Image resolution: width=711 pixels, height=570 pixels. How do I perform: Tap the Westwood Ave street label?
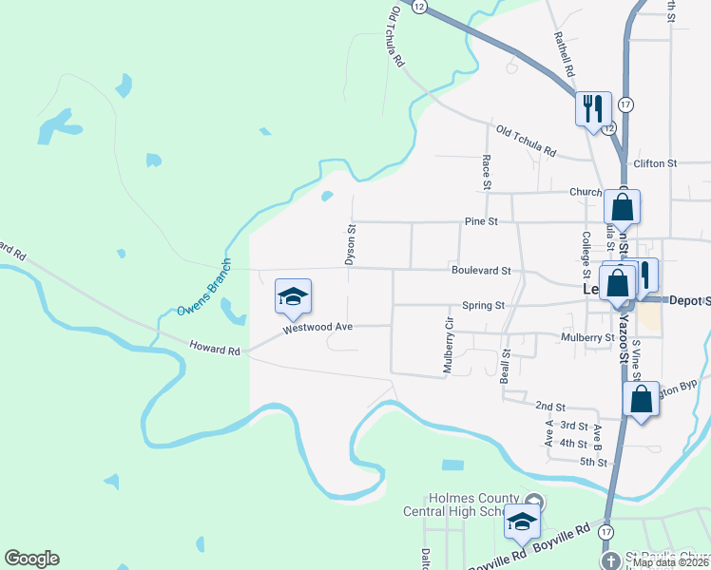pos(317,328)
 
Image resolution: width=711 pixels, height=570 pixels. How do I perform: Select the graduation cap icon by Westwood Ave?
pos(293,297)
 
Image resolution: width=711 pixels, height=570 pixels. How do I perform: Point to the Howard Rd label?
pos(215,350)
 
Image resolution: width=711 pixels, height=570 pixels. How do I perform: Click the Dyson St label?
pos(350,244)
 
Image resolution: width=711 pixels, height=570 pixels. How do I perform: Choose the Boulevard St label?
pos(481,270)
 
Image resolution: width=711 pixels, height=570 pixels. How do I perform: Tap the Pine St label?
pos(481,221)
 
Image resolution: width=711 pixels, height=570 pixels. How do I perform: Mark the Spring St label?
pos(483,306)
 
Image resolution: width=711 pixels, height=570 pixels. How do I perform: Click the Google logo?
pos(31,559)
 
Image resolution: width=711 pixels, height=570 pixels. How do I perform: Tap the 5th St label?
pos(595,462)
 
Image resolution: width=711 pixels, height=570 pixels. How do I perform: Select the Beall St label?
pos(506,365)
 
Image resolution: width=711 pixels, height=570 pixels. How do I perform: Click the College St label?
pos(586,251)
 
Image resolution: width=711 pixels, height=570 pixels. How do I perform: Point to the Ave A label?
pos(549,434)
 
